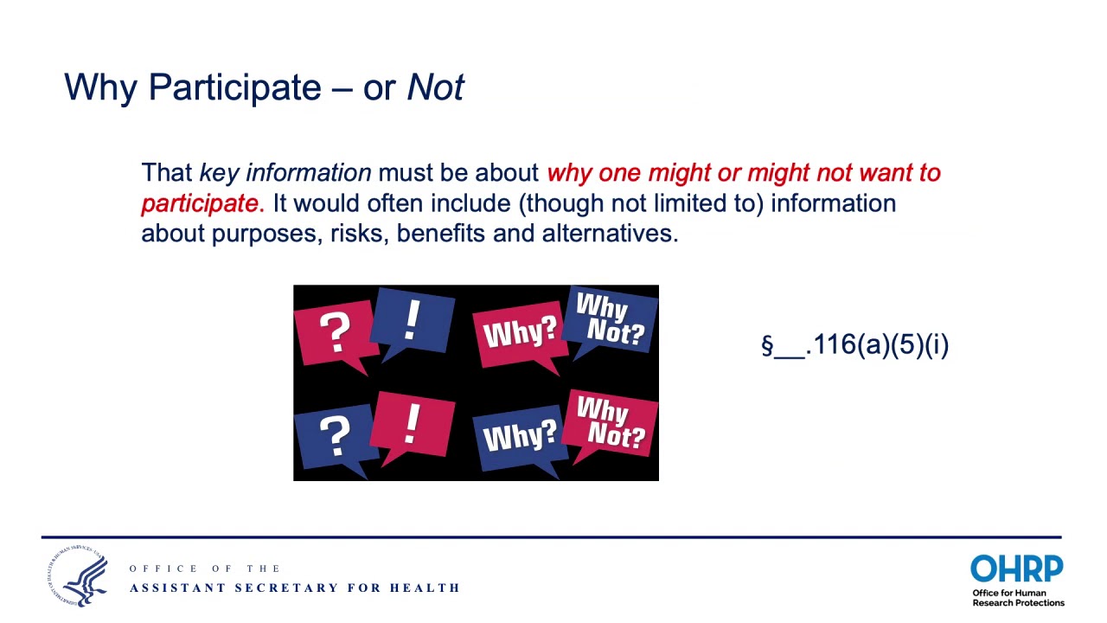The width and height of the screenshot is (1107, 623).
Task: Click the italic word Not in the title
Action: pyautogui.click(x=436, y=87)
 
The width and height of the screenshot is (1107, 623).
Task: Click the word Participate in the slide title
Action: pyautogui.click(x=234, y=88)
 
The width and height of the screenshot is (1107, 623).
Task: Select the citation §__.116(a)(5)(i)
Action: pyautogui.click(x=854, y=344)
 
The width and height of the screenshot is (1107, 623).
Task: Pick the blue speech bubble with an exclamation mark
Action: pyautogui.click(x=413, y=321)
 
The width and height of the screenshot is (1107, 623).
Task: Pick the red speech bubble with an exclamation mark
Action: pyautogui.click(x=413, y=423)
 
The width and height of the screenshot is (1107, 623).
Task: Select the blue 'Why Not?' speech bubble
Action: pyautogui.click(x=612, y=319)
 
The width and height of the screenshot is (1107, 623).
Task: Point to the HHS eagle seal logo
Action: pyautogui.click(x=78, y=576)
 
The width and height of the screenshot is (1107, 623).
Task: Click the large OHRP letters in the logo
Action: pyautogui.click(x=1016, y=570)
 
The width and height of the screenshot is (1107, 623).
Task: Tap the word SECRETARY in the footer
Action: pyautogui.click(x=286, y=588)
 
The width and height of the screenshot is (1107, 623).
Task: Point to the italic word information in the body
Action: pyautogui.click(x=308, y=173)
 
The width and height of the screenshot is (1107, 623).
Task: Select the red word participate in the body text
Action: pyautogui.click(x=199, y=203)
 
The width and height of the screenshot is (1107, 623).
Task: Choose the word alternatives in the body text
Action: pyautogui.click(x=609, y=234)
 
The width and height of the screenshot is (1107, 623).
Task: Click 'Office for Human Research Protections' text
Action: pyautogui.click(x=1018, y=598)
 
